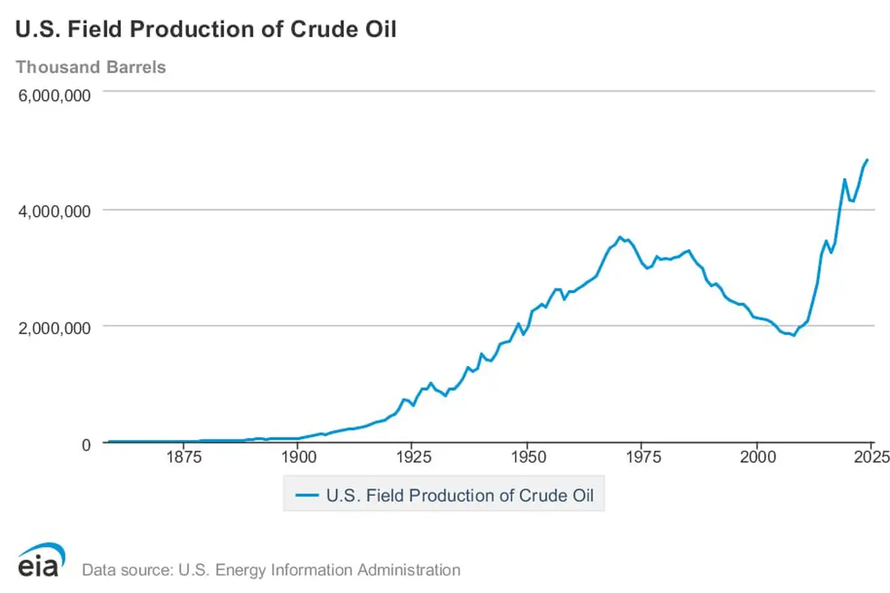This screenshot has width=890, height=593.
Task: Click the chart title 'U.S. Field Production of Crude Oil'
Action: point(205,29)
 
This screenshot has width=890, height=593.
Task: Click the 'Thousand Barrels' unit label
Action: point(91,67)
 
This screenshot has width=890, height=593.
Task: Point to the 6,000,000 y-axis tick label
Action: point(54,95)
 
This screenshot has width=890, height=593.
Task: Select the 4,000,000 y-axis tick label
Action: point(54,211)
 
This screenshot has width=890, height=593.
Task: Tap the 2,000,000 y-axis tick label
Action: point(54,328)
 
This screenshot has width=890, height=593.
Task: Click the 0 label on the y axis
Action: point(86,445)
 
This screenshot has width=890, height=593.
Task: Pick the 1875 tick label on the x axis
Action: point(184,457)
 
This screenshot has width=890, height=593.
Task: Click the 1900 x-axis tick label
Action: point(299,457)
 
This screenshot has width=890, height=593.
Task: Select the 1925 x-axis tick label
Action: point(413,457)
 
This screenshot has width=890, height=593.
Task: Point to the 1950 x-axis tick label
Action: point(528,457)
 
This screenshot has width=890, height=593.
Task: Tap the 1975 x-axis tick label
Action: point(643,457)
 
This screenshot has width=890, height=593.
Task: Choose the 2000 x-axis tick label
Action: point(758,457)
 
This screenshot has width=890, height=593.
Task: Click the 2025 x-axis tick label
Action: point(871,457)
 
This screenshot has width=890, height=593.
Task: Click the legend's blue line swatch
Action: point(307,495)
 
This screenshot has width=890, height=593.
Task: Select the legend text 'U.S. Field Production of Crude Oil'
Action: point(460,495)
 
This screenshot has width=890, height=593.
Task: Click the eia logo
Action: point(41,560)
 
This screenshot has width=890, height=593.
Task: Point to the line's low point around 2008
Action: point(793,335)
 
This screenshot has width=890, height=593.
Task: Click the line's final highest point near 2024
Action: point(867,160)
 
